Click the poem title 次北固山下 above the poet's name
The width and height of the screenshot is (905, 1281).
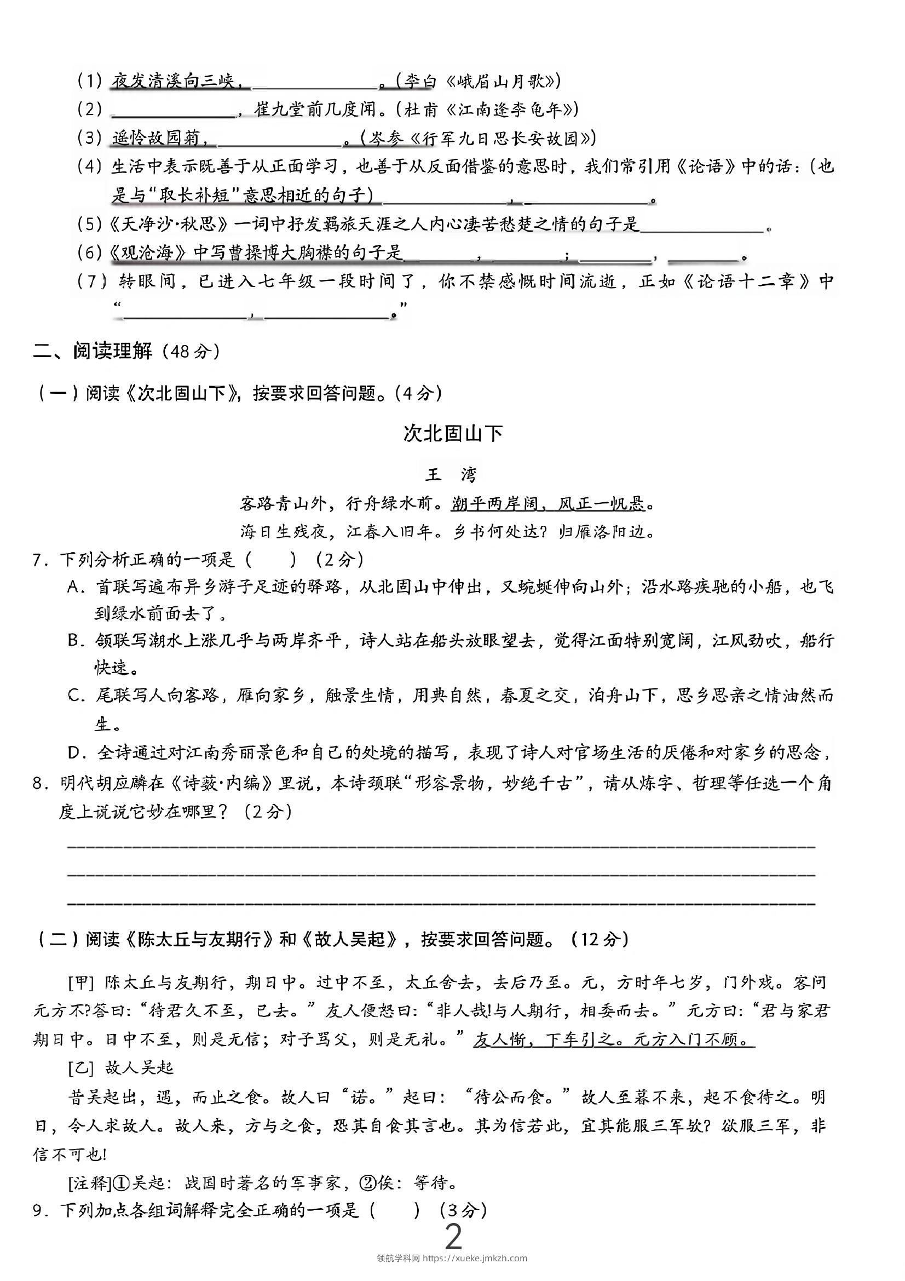(452, 434)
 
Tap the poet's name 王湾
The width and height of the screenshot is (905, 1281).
(451, 475)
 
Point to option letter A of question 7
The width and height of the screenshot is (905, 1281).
(74, 587)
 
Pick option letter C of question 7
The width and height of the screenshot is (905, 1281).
(74, 695)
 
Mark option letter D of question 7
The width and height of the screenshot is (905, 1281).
(74, 753)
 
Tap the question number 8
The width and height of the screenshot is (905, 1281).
(38, 784)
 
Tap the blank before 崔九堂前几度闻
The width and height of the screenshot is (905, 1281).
(173, 111)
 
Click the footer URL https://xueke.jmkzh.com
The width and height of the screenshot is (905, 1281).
(474, 1257)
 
